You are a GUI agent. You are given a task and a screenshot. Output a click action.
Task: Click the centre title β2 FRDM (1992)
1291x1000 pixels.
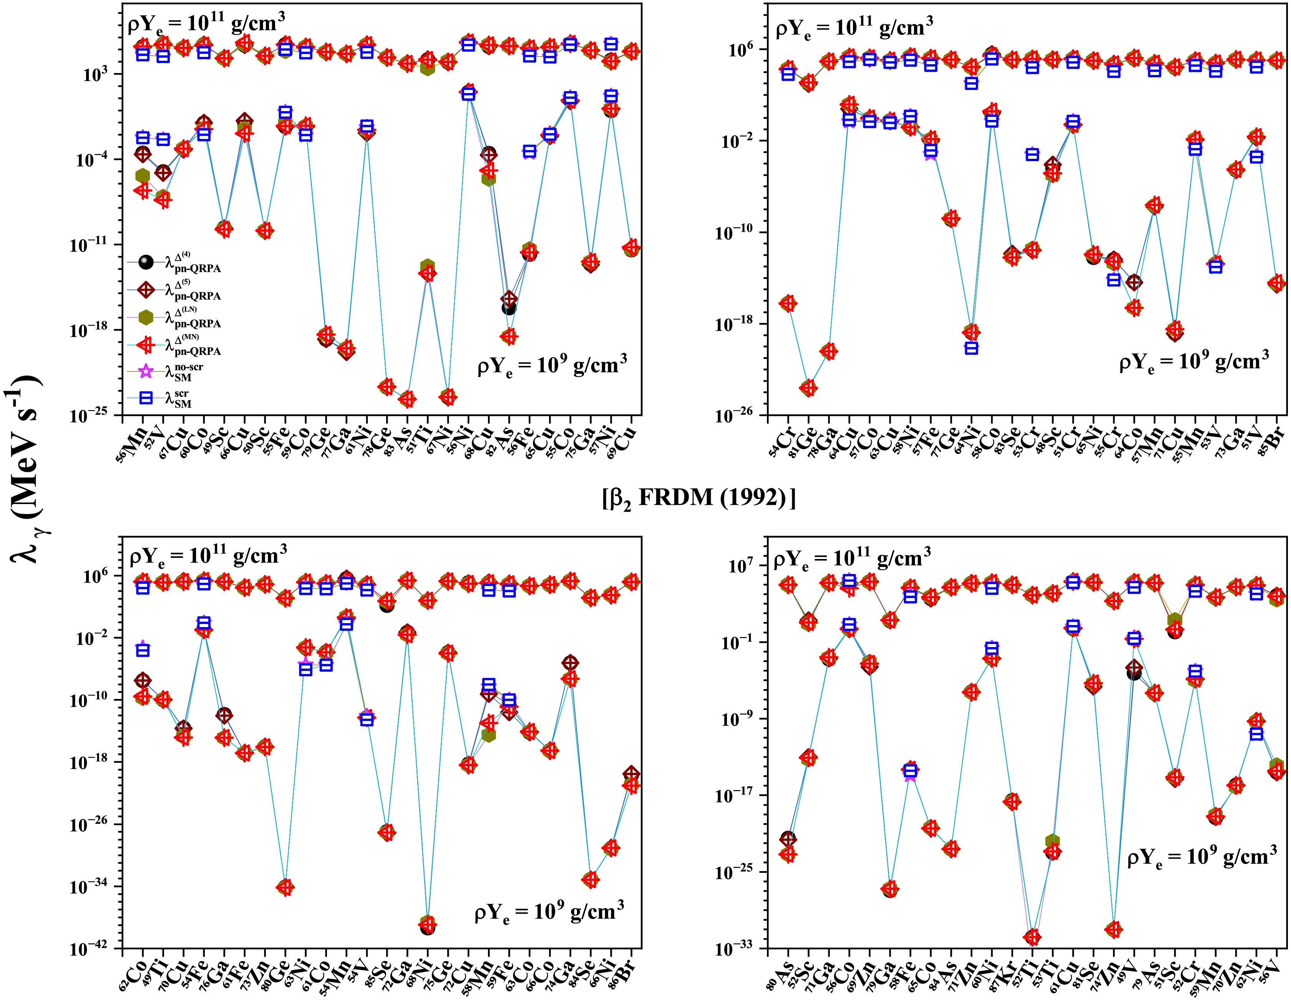(699, 498)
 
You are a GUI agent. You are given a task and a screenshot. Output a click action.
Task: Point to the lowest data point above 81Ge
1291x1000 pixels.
(809, 388)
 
